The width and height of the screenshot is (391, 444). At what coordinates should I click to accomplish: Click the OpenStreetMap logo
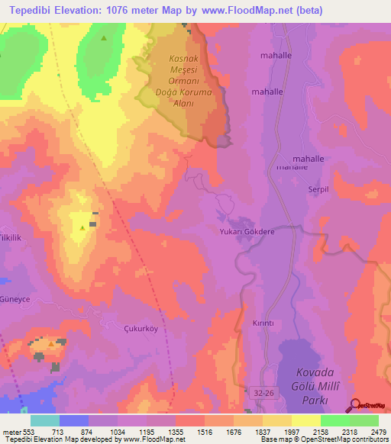coord(370,405)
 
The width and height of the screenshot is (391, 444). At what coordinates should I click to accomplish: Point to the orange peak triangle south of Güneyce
coord(51,344)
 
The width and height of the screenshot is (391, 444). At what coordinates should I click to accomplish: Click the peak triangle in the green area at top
coord(104,37)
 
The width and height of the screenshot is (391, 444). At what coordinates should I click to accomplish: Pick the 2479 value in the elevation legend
coord(377,432)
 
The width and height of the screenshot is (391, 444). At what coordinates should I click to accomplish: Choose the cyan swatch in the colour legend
coord(44,420)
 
